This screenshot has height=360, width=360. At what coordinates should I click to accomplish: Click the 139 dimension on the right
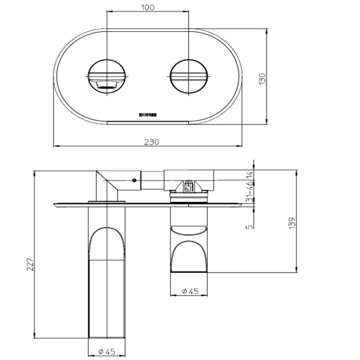292,222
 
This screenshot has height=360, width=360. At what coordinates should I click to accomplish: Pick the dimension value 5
248,225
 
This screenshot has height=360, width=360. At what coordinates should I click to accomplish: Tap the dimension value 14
248,175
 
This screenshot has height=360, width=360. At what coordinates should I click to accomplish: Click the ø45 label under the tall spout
106,352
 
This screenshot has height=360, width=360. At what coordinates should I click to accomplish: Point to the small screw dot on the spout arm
134,180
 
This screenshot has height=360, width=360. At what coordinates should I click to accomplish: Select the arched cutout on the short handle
189,255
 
